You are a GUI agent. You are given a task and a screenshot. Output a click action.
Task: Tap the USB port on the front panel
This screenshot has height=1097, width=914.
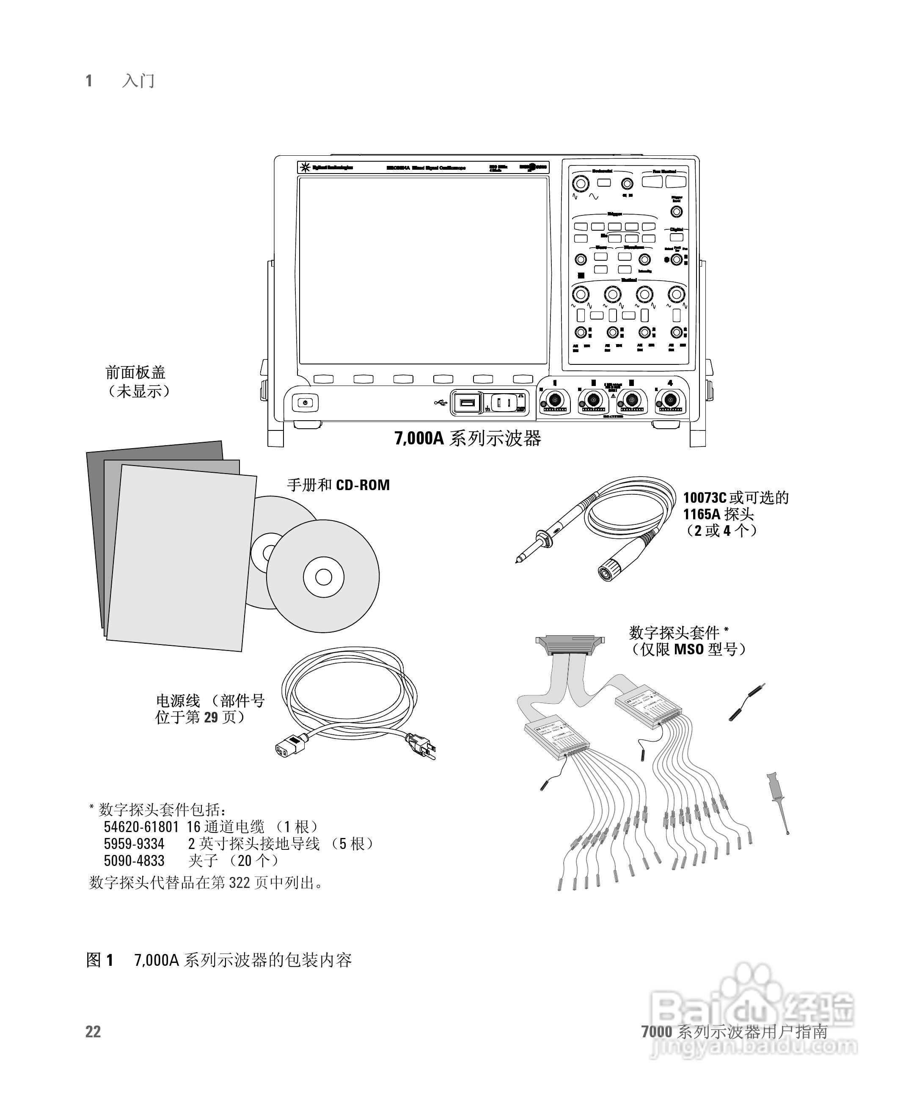(465, 403)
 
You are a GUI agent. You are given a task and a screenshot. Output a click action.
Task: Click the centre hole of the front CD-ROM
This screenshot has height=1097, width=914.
(323, 577)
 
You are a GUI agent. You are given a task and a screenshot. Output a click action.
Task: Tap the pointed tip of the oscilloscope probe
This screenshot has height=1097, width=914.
(518, 561)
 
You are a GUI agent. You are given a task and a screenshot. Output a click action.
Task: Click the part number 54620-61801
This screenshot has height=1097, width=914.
(141, 827)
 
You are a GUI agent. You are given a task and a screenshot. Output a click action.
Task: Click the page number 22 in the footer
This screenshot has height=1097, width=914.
(93, 1032)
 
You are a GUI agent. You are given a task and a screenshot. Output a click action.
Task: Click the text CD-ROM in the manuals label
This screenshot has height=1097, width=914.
(363, 485)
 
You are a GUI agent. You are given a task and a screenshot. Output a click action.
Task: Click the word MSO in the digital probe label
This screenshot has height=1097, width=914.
(689, 649)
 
